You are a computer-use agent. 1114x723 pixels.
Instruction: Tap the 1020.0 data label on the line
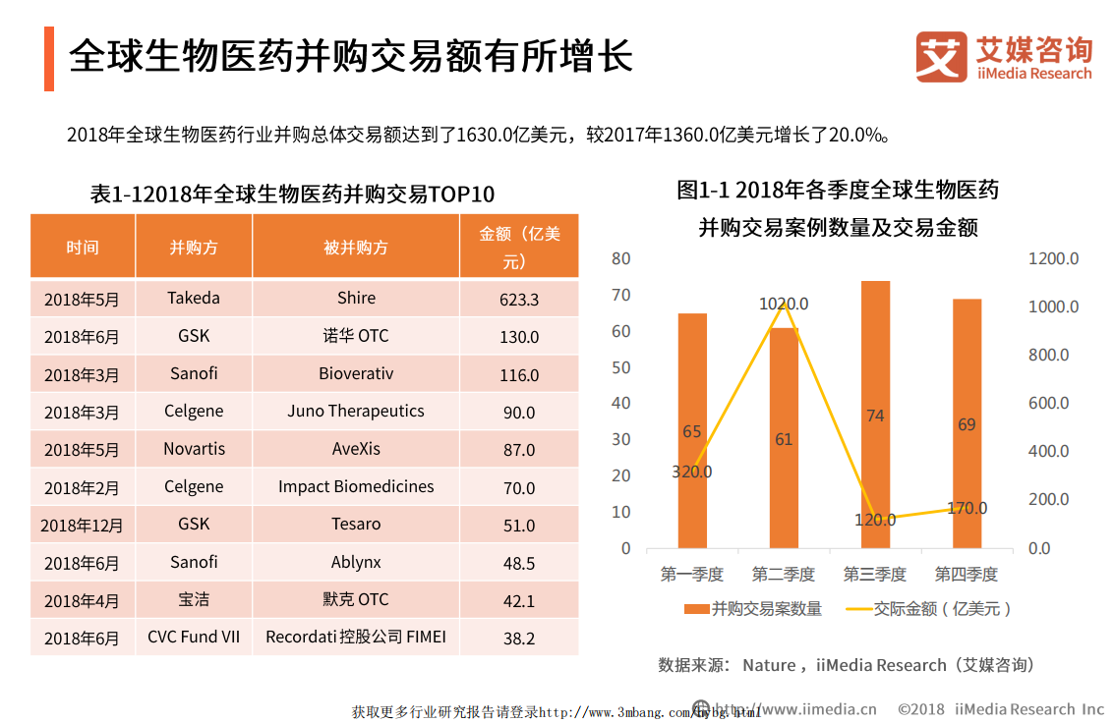point(784,305)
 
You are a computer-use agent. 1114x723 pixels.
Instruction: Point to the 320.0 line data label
point(692,472)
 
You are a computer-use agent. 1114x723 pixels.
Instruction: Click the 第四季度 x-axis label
point(966,574)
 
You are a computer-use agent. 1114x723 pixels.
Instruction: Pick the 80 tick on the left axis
point(620,258)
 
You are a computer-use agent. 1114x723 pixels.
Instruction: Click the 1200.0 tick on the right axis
point(1054,258)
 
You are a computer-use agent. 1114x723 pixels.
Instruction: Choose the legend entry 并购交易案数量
point(752,609)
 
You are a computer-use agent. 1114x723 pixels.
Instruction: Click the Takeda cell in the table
point(194,299)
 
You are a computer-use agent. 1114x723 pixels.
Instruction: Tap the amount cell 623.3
point(519,300)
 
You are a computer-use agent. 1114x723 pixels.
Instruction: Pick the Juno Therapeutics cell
point(356,412)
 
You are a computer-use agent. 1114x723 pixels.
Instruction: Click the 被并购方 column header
point(356,247)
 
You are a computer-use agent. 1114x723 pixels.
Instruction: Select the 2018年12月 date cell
point(83,526)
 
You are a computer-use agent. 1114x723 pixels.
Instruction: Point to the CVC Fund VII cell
point(194,638)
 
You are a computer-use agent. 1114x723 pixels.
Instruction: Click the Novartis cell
point(194,449)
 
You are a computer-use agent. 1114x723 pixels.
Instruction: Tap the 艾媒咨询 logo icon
point(941,57)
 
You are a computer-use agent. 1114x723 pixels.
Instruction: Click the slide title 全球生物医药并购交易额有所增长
point(350,57)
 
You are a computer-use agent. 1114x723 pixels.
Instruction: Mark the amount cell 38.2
point(519,639)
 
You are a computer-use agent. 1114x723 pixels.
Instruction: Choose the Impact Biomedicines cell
point(356,487)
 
